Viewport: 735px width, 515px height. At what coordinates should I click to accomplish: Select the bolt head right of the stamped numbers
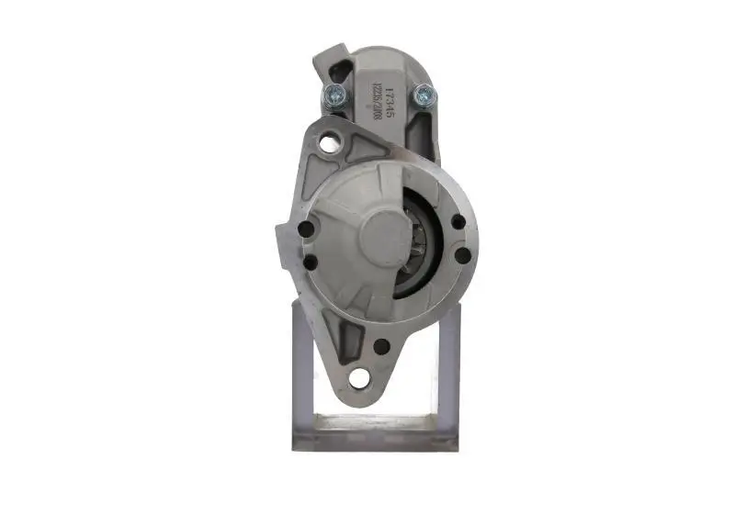click(423, 93)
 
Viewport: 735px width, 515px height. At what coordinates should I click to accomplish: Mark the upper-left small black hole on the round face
click(308, 230)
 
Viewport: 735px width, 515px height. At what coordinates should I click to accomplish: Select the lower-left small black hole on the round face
click(310, 263)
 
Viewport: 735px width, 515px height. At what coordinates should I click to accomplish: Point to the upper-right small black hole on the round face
click(457, 222)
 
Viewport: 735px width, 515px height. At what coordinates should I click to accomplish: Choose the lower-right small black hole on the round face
click(458, 257)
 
